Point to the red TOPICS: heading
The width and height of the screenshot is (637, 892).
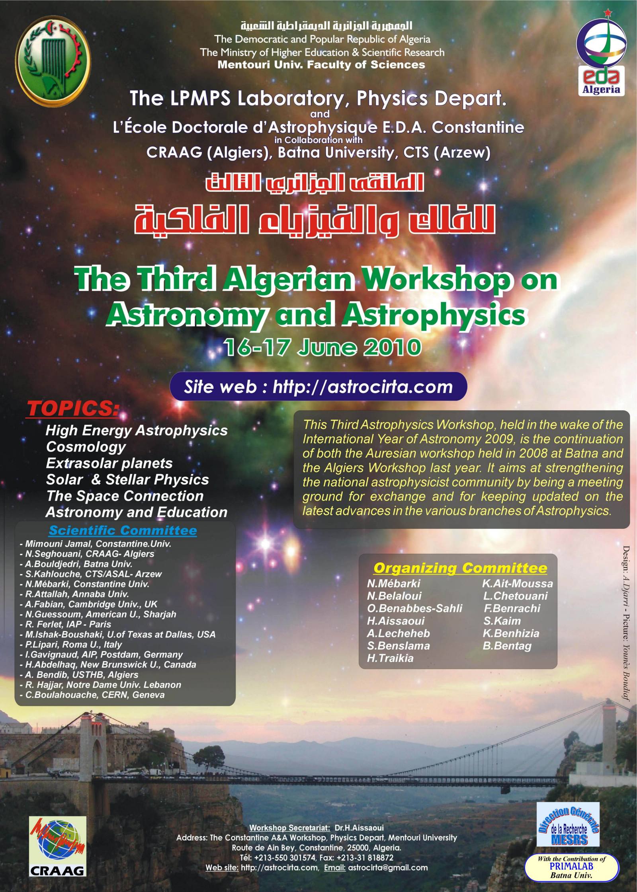pos(73,409)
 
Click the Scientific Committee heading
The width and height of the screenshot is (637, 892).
pos(123,530)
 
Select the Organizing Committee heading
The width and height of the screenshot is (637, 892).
pos(460,568)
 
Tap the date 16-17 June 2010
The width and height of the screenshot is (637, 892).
pos(322,347)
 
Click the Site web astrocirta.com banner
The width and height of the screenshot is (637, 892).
pos(318,387)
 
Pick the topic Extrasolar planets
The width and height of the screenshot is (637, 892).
pos(109,463)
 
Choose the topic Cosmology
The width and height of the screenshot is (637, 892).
pos(86,447)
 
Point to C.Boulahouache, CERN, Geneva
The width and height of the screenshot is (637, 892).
pos(92,695)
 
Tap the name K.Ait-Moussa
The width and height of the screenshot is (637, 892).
pos(518,584)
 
